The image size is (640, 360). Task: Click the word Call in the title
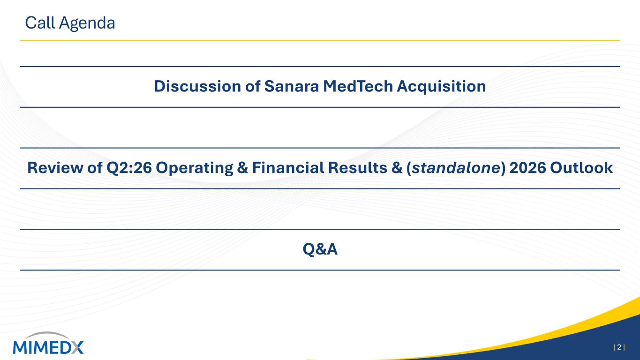click(40, 22)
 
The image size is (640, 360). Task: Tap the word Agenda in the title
click(87, 23)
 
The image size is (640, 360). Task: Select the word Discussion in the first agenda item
click(197, 86)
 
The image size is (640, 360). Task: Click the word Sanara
click(291, 86)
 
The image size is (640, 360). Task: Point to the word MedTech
click(358, 86)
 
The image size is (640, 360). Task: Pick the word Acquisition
click(441, 87)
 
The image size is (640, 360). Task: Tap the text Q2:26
click(129, 168)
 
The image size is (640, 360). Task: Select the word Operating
click(194, 168)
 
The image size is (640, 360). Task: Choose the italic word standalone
click(455, 167)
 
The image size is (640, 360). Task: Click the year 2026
click(527, 167)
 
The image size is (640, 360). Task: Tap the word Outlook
click(581, 167)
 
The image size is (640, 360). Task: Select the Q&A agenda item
click(320, 249)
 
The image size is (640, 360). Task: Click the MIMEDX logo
click(48, 343)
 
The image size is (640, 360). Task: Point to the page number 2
click(619, 347)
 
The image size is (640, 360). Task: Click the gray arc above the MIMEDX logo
click(47, 334)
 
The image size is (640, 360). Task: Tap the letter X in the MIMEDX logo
click(76, 347)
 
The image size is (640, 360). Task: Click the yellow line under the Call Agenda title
click(320, 40)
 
